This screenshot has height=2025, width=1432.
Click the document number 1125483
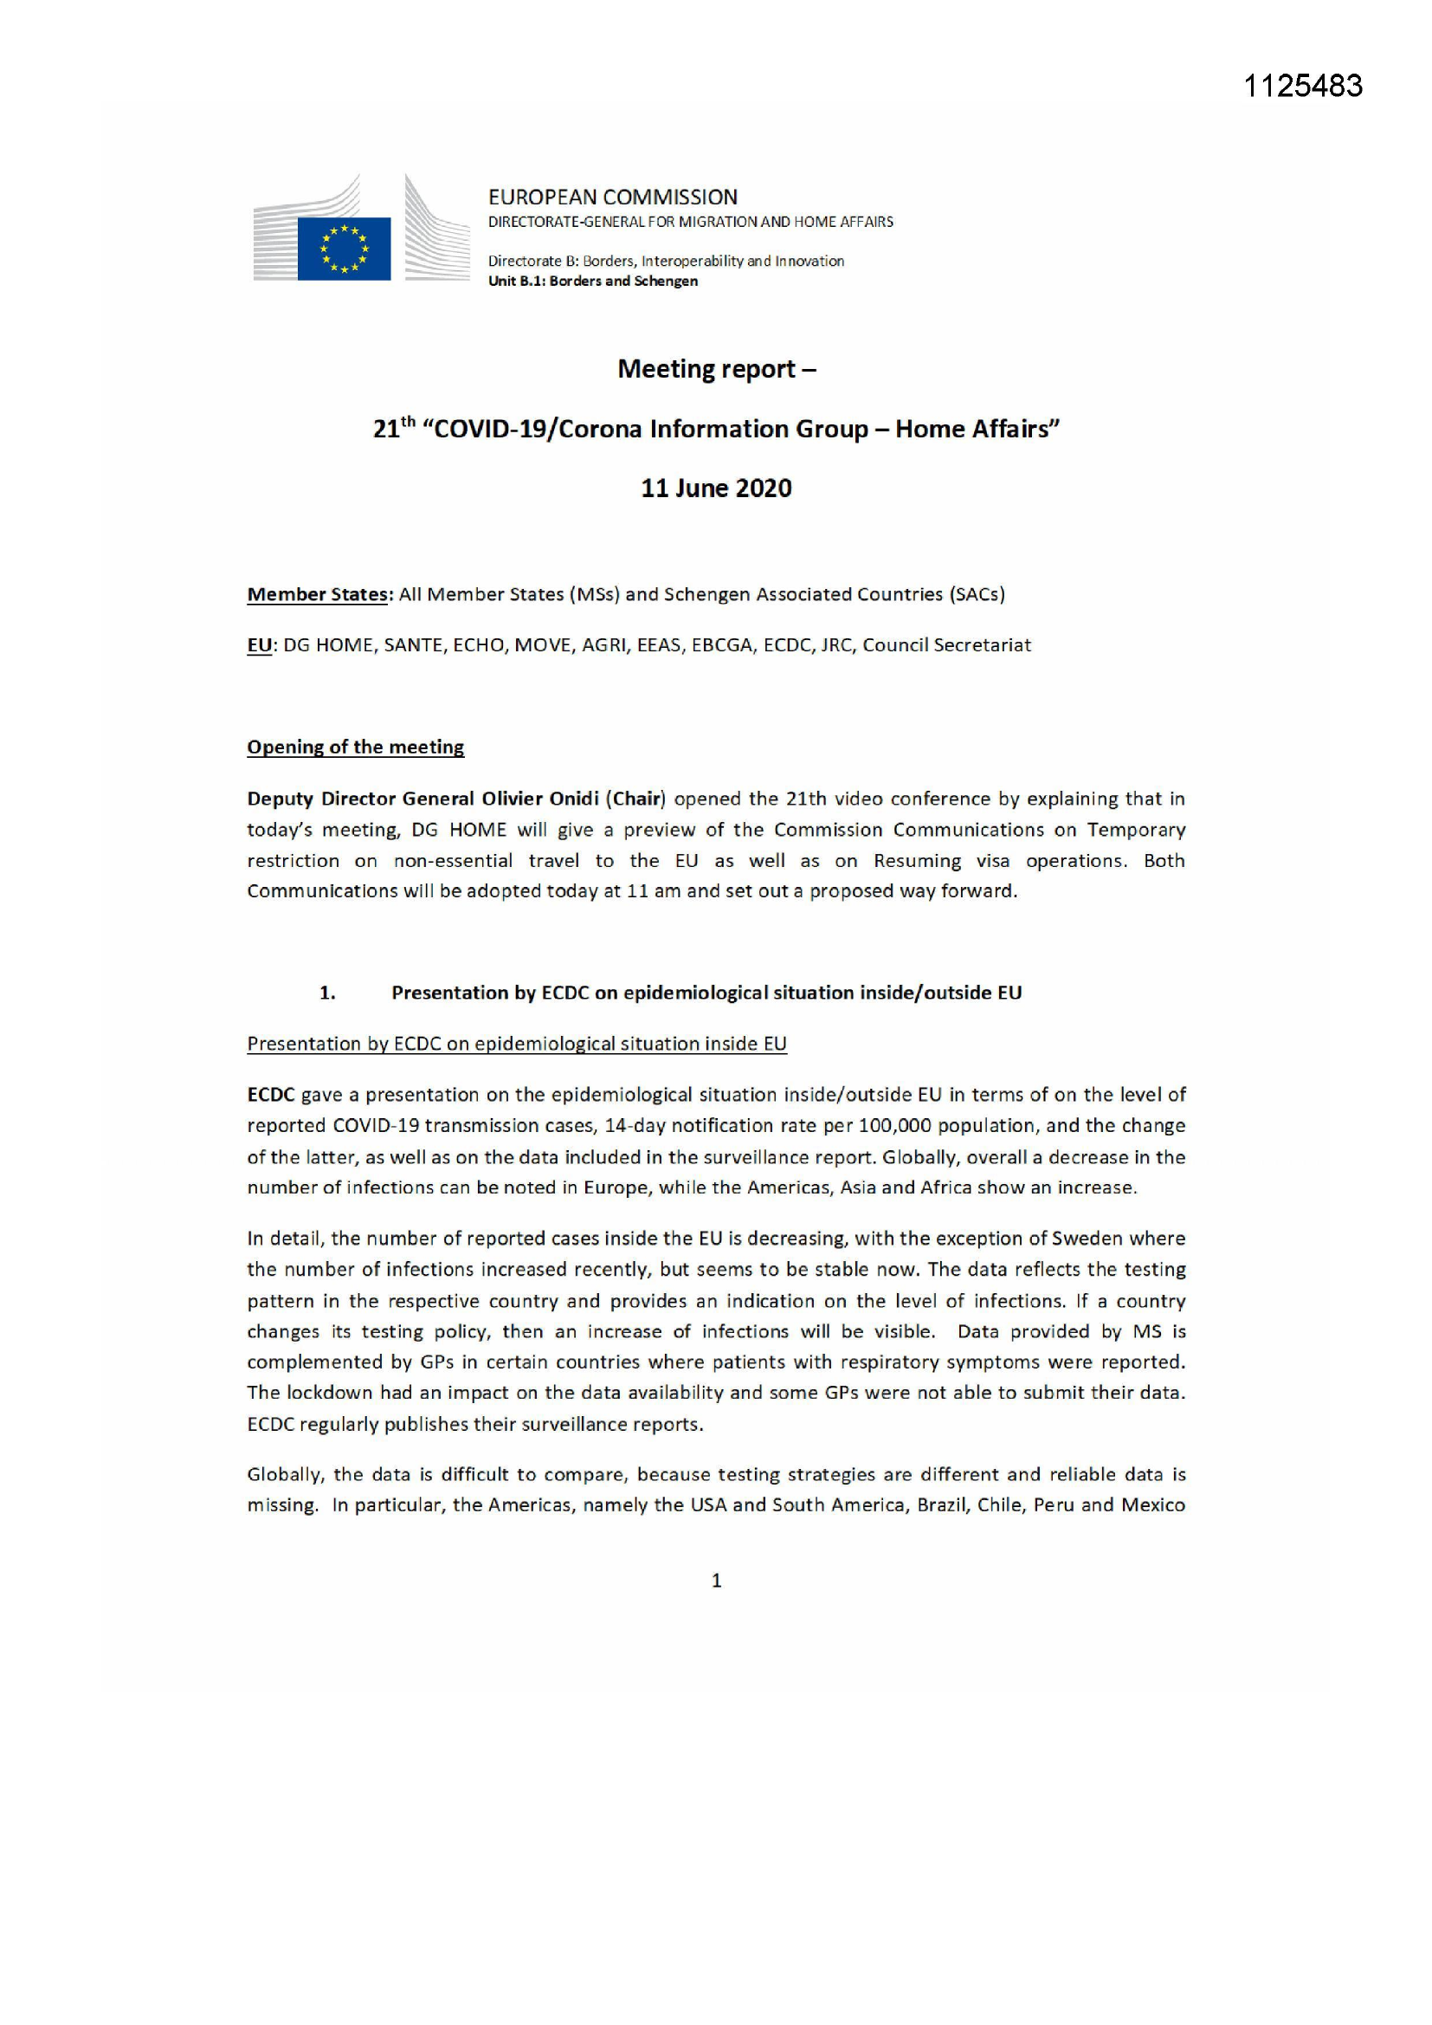coord(1302,86)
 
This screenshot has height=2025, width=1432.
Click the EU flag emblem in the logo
coord(344,248)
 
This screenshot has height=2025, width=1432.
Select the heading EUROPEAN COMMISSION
coord(613,197)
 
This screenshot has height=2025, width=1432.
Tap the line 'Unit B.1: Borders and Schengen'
coord(592,281)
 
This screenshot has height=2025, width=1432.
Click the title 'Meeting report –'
coord(716,369)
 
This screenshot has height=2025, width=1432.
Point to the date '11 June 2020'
coord(716,488)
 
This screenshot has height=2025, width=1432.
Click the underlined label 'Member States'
coord(318,594)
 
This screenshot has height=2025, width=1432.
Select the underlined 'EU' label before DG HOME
coord(259,645)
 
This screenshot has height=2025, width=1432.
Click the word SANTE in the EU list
coord(413,645)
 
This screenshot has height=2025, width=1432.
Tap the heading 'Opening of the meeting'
coord(355,747)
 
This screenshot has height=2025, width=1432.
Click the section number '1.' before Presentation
coord(327,993)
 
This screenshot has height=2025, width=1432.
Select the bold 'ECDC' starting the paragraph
coord(271,1096)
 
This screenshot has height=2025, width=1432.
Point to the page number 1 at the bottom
coord(716,1581)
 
